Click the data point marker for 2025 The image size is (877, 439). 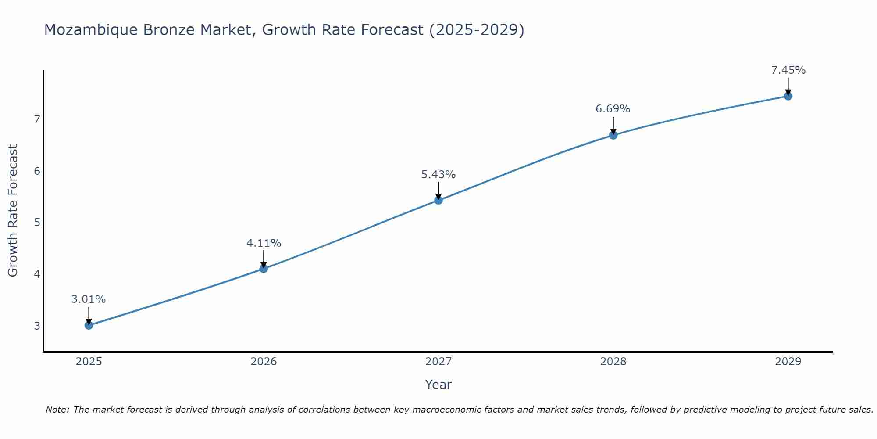tap(89, 325)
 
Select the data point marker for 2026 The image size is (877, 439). tap(264, 268)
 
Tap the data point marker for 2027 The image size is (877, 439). tap(438, 200)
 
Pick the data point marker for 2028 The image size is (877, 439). tap(613, 135)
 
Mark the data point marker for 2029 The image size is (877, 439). tap(788, 96)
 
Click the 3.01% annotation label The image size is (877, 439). tap(89, 299)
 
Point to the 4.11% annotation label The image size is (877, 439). tap(264, 243)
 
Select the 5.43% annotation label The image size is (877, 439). tap(438, 175)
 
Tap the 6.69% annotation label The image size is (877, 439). tap(613, 109)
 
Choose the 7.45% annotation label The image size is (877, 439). tap(788, 70)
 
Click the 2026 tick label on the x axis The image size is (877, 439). tap(264, 362)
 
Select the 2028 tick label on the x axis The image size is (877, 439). tap(613, 362)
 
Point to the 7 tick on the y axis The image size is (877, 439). tap(37, 119)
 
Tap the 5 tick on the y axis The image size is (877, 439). tap(37, 222)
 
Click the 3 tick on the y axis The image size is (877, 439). tap(37, 326)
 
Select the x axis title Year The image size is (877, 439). tap(438, 385)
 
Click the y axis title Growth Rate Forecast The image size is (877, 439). tap(13, 211)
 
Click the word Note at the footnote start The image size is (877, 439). tap(57, 410)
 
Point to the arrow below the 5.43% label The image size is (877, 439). tap(438, 191)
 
